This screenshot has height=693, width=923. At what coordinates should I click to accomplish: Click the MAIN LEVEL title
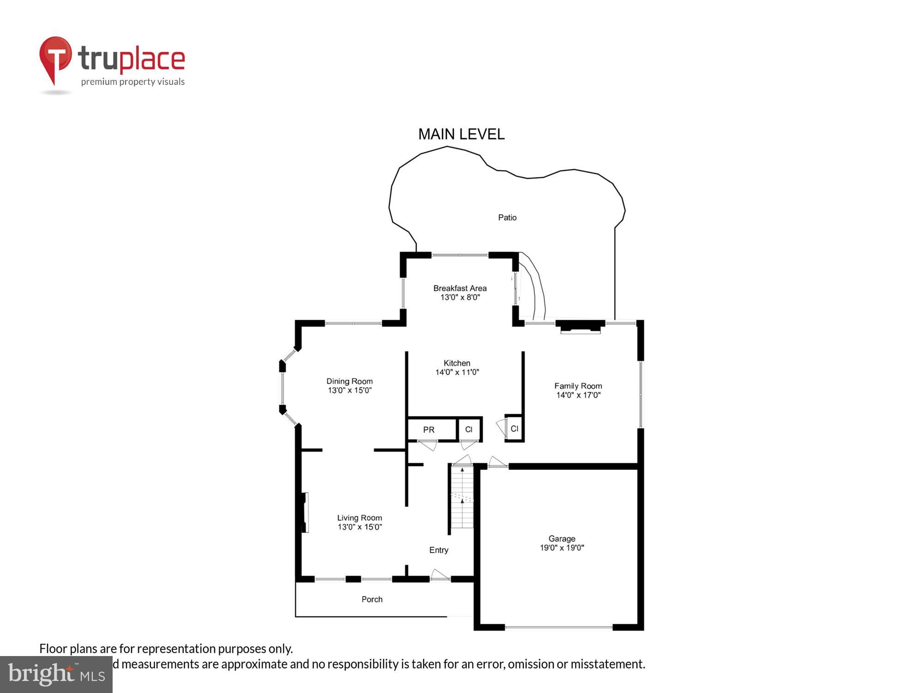coord(461,134)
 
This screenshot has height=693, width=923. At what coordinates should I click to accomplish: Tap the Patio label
coord(507,218)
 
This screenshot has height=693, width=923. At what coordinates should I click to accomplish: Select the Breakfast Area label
coord(460,288)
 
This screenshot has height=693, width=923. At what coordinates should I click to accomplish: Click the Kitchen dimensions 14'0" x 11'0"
coord(457,372)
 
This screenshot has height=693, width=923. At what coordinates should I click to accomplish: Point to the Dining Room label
coord(349,381)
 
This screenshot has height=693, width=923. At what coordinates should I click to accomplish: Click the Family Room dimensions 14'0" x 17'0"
coord(578,395)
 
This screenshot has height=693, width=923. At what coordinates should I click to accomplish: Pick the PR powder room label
coord(429,430)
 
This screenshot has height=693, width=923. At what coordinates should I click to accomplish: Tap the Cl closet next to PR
coord(469,430)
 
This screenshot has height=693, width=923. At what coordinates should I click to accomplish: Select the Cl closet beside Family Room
coord(515,429)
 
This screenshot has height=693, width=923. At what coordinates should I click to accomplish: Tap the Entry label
coord(438,550)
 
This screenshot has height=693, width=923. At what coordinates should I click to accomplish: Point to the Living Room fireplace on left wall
coord(305,512)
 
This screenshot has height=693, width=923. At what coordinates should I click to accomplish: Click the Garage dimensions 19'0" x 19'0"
coord(562,548)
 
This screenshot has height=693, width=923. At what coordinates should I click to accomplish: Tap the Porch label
coord(372,600)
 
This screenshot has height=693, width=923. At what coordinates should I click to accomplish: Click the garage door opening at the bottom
coord(558,627)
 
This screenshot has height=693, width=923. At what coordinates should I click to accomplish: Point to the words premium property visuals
coord(133,82)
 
